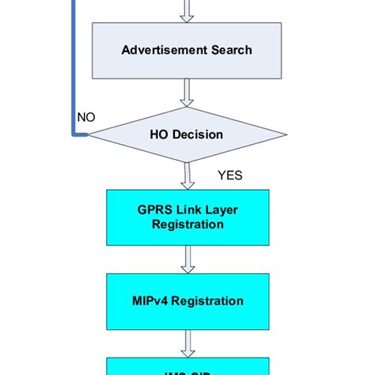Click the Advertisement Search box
tap(187, 50)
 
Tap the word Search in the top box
tap(231, 50)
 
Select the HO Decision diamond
tap(187, 134)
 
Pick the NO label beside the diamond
tap(86, 118)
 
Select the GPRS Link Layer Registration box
tap(187, 217)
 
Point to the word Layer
tap(220, 210)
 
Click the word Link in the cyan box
tap(187, 210)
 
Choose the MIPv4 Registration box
tap(187, 301)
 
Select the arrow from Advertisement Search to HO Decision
tap(187, 92)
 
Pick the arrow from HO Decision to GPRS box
tap(187, 176)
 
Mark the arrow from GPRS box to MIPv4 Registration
tap(187, 259)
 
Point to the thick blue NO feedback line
tap(74, 71)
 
